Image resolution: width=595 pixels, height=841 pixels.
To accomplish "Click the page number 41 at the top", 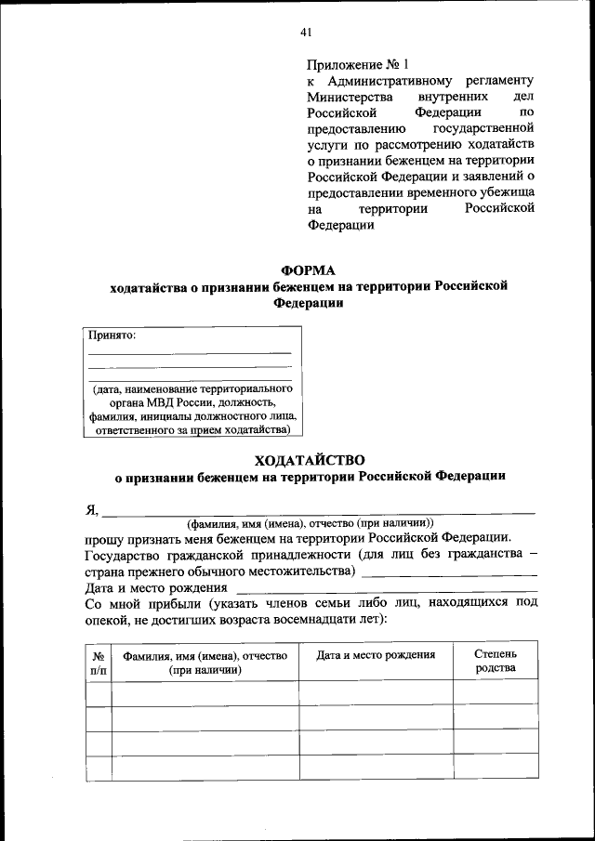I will [x=305, y=33].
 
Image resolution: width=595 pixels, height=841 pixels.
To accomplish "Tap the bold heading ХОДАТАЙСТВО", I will [x=310, y=459].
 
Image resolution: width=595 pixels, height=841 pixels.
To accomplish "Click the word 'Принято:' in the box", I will [x=112, y=335].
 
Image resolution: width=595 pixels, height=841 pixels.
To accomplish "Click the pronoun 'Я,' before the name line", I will [x=91, y=508].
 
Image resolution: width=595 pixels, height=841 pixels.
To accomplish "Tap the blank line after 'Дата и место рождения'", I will [x=386, y=590].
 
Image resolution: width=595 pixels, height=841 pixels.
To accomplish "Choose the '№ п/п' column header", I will [x=98, y=662].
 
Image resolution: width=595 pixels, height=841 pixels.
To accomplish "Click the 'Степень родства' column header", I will [x=495, y=662].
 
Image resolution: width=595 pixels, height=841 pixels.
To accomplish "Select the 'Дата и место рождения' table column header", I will [x=376, y=655].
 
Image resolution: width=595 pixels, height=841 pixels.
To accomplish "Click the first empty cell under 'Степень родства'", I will [x=495, y=691].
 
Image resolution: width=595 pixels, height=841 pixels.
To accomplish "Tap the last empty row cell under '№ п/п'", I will [x=98, y=769].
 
